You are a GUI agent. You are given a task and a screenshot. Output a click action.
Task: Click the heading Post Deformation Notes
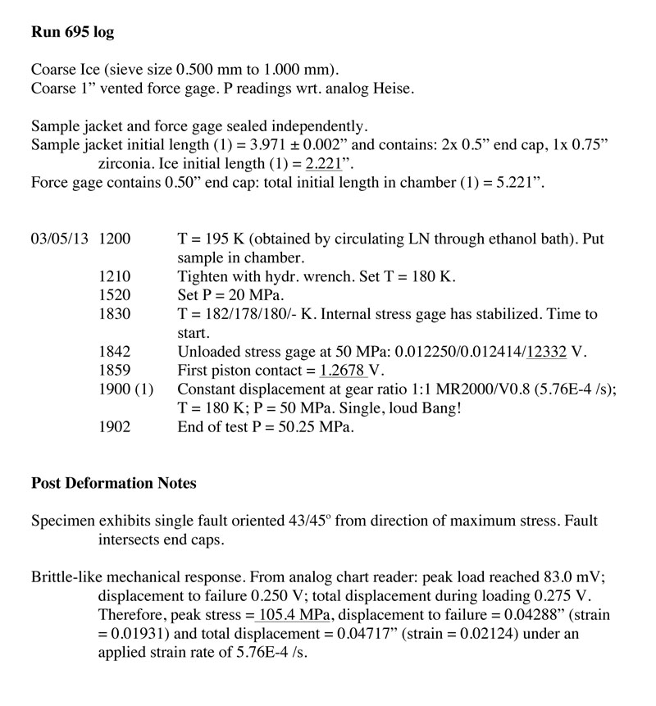tap(113, 483)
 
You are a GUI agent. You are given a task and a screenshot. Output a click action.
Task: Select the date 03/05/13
tap(60, 239)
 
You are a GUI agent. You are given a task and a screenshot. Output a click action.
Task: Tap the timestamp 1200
tap(113, 239)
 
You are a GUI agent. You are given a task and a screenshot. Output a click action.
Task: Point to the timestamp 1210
tap(113, 276)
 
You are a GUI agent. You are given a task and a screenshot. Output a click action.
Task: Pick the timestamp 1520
tap(113, 295)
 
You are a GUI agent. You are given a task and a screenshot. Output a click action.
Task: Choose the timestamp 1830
tap(113, 314)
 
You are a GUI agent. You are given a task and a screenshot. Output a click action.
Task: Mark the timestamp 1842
tap(113, 352)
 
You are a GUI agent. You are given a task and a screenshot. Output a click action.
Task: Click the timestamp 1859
tap(113, 371)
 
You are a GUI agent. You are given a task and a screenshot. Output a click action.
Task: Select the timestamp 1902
tap(113, 427)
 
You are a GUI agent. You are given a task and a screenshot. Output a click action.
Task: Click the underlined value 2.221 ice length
tap(322, 163)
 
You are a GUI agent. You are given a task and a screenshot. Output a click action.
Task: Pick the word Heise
tap(394, 88)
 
